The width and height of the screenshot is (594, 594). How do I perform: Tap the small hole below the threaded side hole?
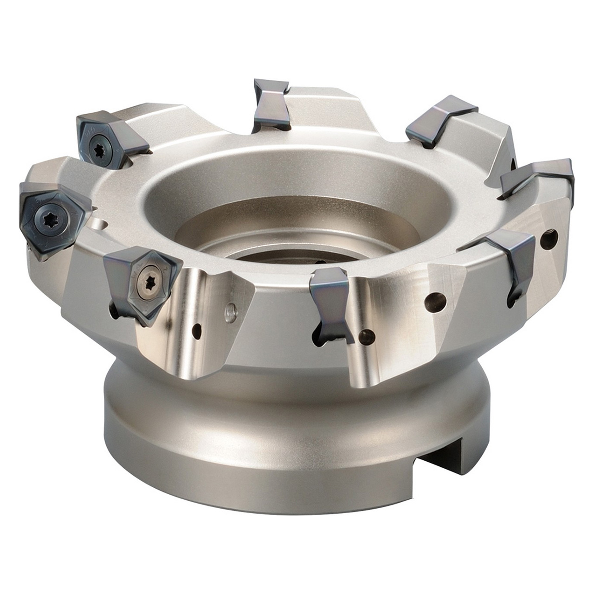coord(198,330)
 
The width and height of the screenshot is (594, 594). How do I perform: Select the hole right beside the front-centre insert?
coord(367,335)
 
